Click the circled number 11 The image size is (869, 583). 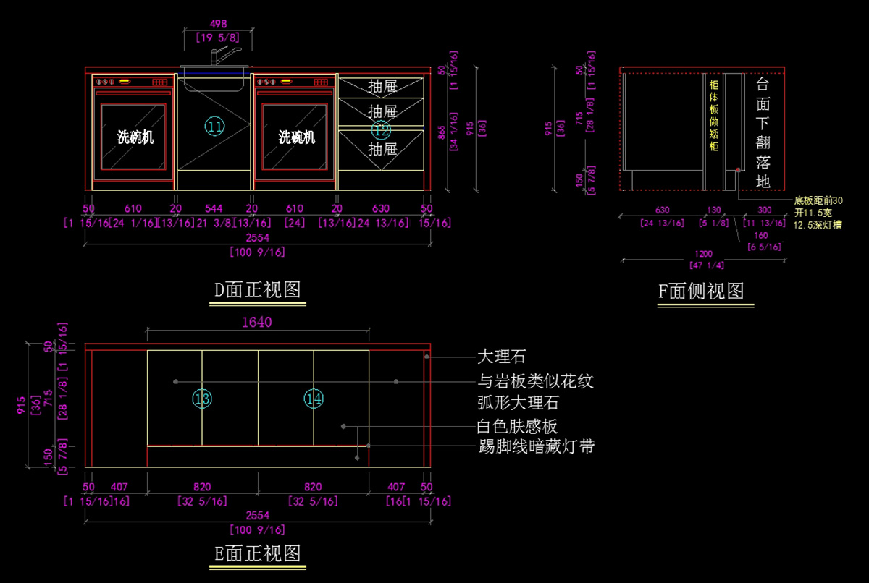point(214,127)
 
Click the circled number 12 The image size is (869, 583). point(381,130)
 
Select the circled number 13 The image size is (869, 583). point(203,399)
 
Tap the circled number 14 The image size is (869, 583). point(314,399)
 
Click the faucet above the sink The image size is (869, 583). point(224,55)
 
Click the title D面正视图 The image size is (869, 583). point(257,290)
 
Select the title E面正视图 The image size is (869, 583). point(257,553)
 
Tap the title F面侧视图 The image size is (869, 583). point(701,291)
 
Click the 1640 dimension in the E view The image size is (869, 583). point(257,322)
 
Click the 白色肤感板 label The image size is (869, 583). point(517,426)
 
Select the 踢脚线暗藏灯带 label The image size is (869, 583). point(537,446)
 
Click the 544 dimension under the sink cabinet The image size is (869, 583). point(214,208)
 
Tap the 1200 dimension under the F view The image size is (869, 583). point(703,254)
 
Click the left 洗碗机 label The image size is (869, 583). point(135,137)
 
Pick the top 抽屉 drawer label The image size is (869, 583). point(382,87)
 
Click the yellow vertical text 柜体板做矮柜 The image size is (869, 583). point(713,116)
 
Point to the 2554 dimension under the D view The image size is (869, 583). point(257,239)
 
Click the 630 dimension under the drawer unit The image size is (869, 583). point(381,208)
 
